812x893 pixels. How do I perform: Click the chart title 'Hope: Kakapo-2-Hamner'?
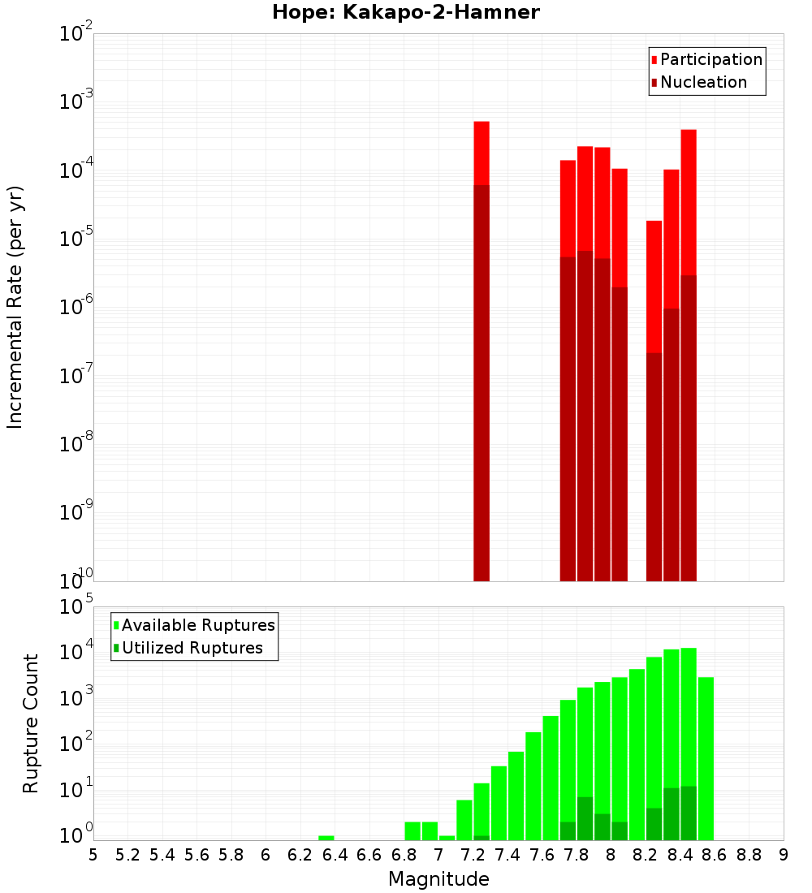tap(405, 12)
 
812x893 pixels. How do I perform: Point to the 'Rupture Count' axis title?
tap(31, 723)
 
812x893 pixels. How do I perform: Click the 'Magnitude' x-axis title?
tap(438, 879)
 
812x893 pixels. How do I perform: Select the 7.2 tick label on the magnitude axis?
tap(473, 855)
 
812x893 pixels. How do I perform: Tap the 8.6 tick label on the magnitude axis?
tap(715, 855)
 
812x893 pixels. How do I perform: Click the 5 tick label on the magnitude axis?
tap(93, 855)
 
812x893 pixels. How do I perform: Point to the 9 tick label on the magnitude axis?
tap(784, 855)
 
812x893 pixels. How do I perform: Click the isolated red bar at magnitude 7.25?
tap(482, 325)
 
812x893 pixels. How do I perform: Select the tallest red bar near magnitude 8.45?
tap(689, 325)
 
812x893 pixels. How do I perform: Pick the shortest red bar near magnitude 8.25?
tap(654, 365)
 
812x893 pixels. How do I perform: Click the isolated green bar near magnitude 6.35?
tap(326, 838)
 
